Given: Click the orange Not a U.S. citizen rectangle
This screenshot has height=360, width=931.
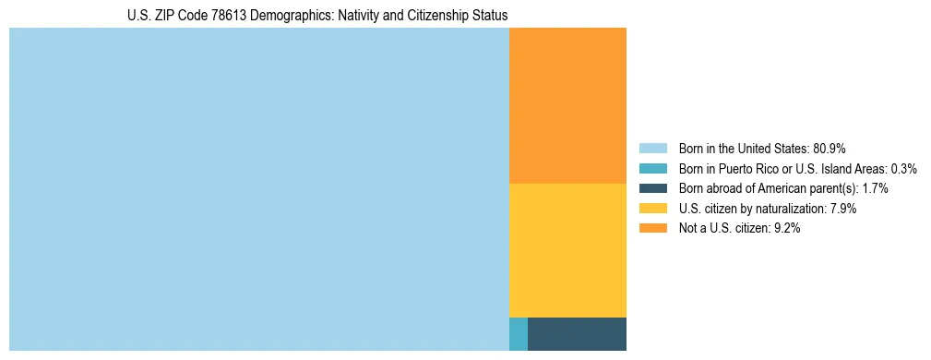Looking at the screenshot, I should click(x=567, y=105).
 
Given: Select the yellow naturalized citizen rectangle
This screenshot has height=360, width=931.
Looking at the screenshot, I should click(x=567, y=250).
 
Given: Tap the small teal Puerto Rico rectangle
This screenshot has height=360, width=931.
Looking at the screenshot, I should click(x=519, y=333).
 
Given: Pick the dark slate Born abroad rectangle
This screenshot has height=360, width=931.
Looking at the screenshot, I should click(x=577, y=333).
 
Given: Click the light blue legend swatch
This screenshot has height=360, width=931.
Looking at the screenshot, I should click(x=652, y=148).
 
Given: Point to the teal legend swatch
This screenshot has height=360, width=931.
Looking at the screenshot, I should click(x=652, y=168).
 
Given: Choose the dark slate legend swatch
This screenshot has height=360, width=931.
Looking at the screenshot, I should click(x=652, y=188).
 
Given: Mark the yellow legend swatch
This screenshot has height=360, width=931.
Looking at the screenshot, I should click(x=652, y=209).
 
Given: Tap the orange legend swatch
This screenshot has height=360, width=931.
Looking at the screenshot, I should click(x=652, y=229).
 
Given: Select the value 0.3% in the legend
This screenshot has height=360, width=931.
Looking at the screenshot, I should click(x=903, y=168).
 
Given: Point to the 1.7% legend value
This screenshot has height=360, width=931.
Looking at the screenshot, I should click(x=873, y=188).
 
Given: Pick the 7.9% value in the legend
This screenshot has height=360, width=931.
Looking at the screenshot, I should click(x=842, y=209).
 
